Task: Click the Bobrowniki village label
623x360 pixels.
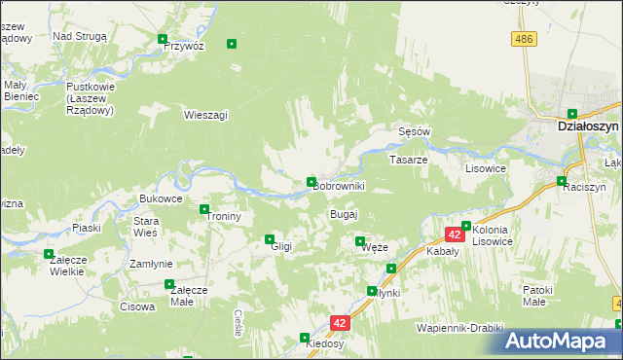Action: click(x=339, y=186)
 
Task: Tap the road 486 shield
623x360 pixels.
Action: click(x=525, y=38)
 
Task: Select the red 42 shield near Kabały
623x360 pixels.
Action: click(x=455, y=234)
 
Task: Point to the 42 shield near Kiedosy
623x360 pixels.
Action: click(x=339, y=322)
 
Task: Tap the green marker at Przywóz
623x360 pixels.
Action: click(x=164, y=40)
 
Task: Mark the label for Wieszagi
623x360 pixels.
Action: click(x=205, y=115)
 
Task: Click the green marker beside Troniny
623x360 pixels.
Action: click(x=204, y=209)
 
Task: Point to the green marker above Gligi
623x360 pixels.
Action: click(x=270, y=238)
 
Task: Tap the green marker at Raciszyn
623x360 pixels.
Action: click(x=562, y=181)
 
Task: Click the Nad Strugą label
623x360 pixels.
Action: click(x=80, y=35)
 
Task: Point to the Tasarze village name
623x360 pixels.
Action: click(x=409, y=159)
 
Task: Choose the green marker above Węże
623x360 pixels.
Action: click(x=360, y=241)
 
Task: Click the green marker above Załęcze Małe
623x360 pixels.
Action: click(x=169, y=284)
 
